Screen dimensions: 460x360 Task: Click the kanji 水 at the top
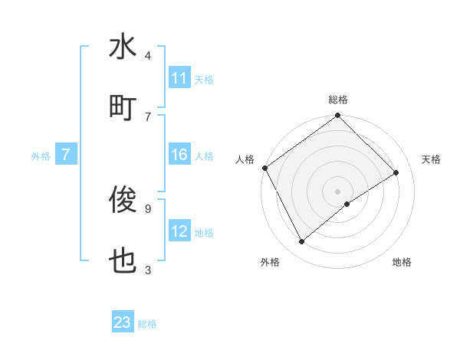click(x=123, y=47)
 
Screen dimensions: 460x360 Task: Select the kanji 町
click(x=123, y=108)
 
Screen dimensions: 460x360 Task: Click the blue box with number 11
click(x=179, y=78)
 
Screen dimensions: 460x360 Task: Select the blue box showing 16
click(x=179, y=155)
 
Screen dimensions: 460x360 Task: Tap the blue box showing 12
click(x=179, y=232)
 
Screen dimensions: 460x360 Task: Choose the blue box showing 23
click(x=123, y=322)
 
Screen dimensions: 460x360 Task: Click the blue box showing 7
click(x=66, y=155)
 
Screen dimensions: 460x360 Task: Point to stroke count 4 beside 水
click(x=148, y=55)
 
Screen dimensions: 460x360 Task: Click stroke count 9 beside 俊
click(x=148, y=208)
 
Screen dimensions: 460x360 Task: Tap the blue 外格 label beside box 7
click(x=41, y=156)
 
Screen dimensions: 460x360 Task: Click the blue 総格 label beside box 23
click(x=147, y=324)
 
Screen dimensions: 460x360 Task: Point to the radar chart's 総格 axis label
click(x=338, y=100)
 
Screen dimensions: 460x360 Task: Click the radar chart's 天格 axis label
click(x=431, y=159)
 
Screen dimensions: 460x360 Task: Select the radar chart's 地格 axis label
click(x=402, y=262)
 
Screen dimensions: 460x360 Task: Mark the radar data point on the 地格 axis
click(x=347, y=204)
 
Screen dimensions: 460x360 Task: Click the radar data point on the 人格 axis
click(x=265, y=168)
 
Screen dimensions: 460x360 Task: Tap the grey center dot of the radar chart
click(x=338, y=191)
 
